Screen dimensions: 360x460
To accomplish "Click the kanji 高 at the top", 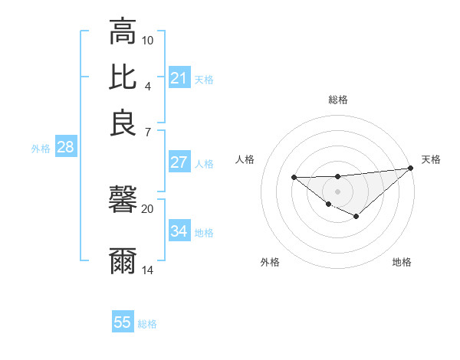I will [123, 32].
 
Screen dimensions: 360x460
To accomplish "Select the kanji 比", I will [123, 77].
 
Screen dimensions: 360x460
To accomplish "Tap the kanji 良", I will [123, 123].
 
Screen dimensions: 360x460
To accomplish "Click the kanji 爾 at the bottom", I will [123, 260].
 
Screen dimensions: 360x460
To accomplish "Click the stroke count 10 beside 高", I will [148, 40].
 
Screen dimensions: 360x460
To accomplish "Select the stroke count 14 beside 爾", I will [148, 270].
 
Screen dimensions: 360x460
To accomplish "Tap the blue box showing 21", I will [179, 78].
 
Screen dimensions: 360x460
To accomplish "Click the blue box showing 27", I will [179, 162].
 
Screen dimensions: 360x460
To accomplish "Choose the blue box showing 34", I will [179, 231].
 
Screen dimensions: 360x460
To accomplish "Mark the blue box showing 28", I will [65, 148].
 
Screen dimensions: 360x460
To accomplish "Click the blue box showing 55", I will [123, 322].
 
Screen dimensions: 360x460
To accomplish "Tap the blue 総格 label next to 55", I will [147, 324].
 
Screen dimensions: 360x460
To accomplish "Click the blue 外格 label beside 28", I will [41, 149].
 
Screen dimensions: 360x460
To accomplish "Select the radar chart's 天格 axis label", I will [431, 159].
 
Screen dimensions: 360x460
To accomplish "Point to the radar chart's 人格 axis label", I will [245, 159].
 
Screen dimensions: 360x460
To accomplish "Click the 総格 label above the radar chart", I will [338, 100].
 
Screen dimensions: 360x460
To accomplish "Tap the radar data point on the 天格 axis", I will [410, 168].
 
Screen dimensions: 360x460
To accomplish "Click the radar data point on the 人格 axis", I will [294, 178].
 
